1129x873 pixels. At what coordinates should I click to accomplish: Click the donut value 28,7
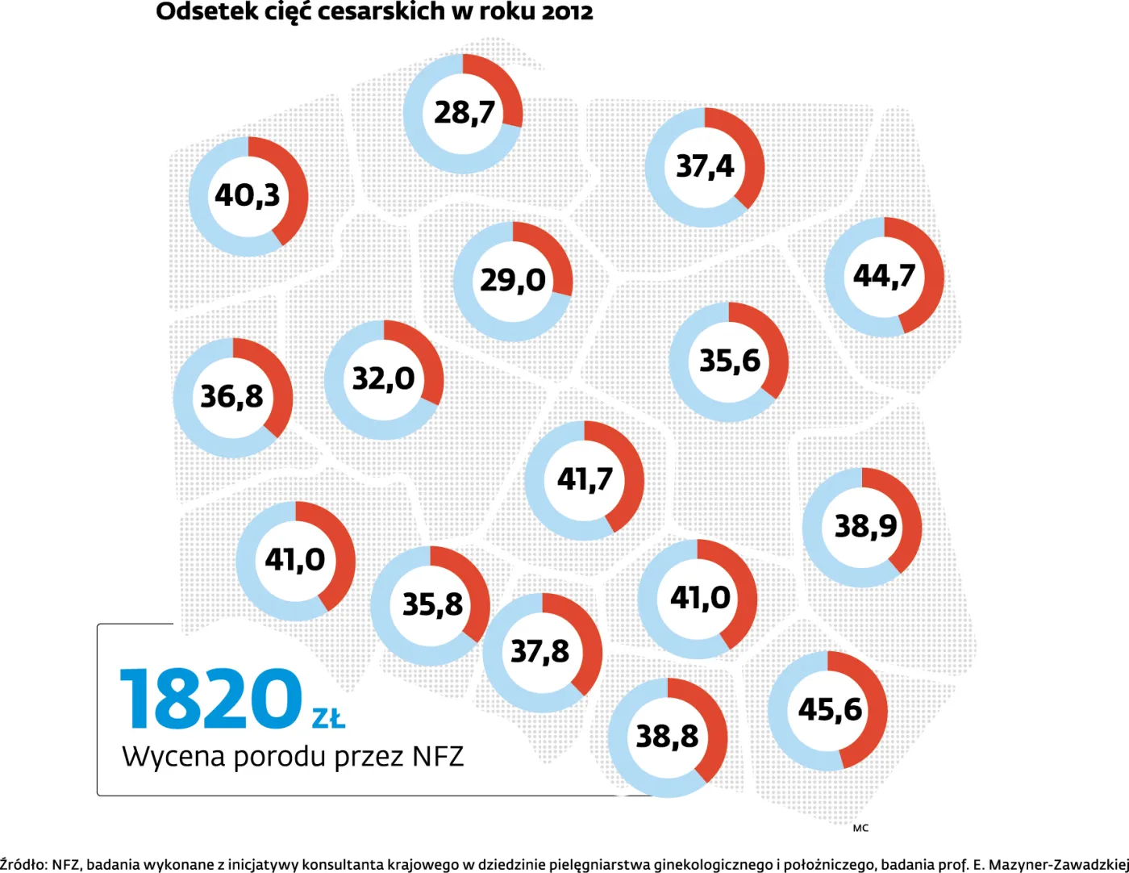[x=464, y=112]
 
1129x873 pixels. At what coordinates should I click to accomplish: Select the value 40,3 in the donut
[x=248, y=195]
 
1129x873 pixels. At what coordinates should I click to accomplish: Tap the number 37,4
[x=705, y=166]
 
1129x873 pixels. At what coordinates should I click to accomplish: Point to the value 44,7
[x=884, y=276]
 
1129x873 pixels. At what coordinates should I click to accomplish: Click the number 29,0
[x=513, y=280]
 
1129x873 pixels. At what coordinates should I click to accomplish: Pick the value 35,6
[x=729, y=361]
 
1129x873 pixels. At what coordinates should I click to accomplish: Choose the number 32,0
[x=384, y=378]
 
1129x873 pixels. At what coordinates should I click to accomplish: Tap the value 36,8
[x=232, y=396]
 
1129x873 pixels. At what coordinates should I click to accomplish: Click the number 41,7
[x=585, y=479]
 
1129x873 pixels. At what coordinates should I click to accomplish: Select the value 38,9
[x=865, y=526]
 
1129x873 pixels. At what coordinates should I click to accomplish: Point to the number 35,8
[x=432, y=604]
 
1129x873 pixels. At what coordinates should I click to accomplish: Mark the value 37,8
[x=540, y=651]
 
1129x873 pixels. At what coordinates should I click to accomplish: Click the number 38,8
[x=667, y=736]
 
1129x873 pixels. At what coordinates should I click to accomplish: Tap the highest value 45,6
[x=830, y=710]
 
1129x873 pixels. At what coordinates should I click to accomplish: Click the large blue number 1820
[x=211, y=698]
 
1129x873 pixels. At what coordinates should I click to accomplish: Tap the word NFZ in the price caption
[x=438, y=757]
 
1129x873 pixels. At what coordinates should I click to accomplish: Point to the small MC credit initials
[x=860, y=828]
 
